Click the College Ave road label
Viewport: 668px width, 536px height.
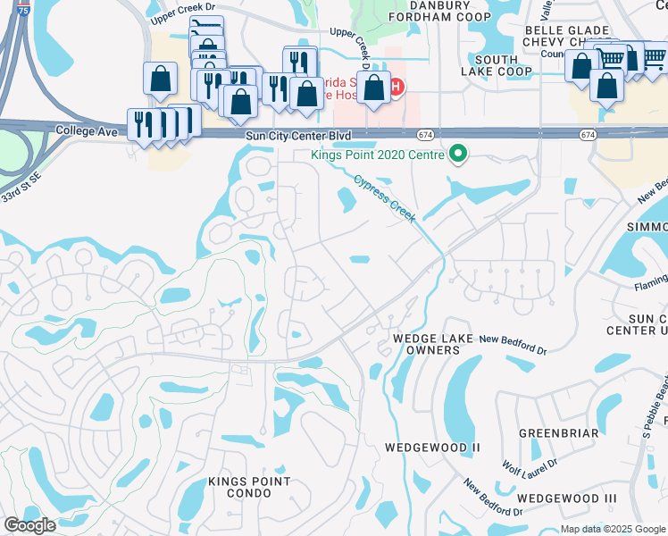pos(87,130)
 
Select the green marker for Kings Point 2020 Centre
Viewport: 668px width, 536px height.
pos(459,154)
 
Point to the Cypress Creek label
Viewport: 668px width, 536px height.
pos(386,197)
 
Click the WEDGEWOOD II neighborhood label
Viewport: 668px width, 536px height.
pos(432,447)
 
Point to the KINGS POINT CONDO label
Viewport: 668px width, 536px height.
pos(249,487)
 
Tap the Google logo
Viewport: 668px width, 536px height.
pos(29,525)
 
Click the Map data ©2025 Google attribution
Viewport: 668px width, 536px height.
pos(612,529)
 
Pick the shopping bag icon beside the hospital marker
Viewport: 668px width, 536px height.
pos(375,88)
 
